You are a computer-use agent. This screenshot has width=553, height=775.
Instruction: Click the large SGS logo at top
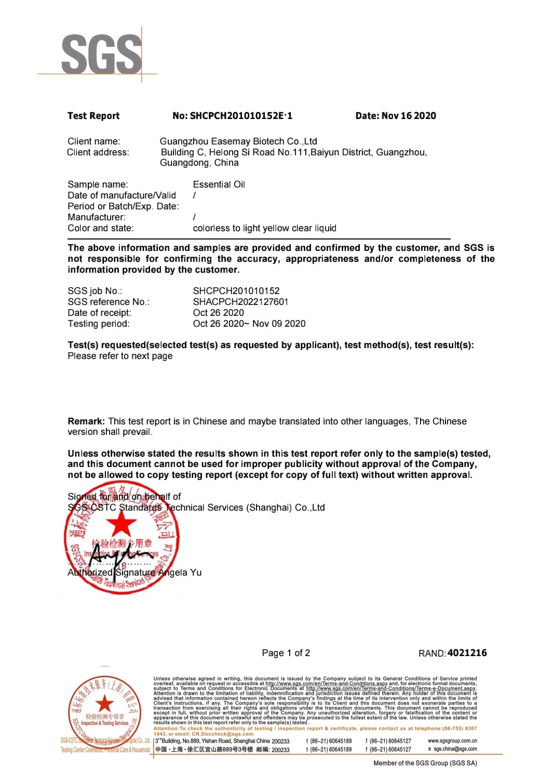pos(101,55)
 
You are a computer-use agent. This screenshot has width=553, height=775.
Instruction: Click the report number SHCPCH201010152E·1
pos(232,116)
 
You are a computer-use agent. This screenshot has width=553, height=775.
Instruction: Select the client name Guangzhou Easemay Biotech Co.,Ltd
pos(238,141)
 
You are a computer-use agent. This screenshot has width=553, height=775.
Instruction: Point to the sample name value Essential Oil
pos(219,184)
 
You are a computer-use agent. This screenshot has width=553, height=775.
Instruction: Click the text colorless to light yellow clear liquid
pos(264,228)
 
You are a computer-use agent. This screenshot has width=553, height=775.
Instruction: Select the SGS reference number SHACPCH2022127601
pos(240,302)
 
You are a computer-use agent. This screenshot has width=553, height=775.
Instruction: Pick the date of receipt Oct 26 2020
pos(218,313)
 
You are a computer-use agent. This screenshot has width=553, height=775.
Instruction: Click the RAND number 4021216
pos(467,653)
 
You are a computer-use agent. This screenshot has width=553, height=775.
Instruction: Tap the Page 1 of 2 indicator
pos(286,653)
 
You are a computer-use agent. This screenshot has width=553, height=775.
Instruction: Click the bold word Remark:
pos(86,421)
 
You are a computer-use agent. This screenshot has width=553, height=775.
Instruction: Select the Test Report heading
pos(93,116)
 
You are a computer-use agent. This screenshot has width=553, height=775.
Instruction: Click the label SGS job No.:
pos(95,291)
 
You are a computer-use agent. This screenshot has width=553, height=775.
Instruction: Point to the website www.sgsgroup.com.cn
pos(452,741)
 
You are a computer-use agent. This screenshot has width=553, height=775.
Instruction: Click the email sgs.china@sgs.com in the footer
pos(455,749)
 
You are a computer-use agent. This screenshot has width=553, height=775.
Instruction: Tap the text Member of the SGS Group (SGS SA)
pos(425,763)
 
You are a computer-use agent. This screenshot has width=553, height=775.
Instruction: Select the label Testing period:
pos(99,324)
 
